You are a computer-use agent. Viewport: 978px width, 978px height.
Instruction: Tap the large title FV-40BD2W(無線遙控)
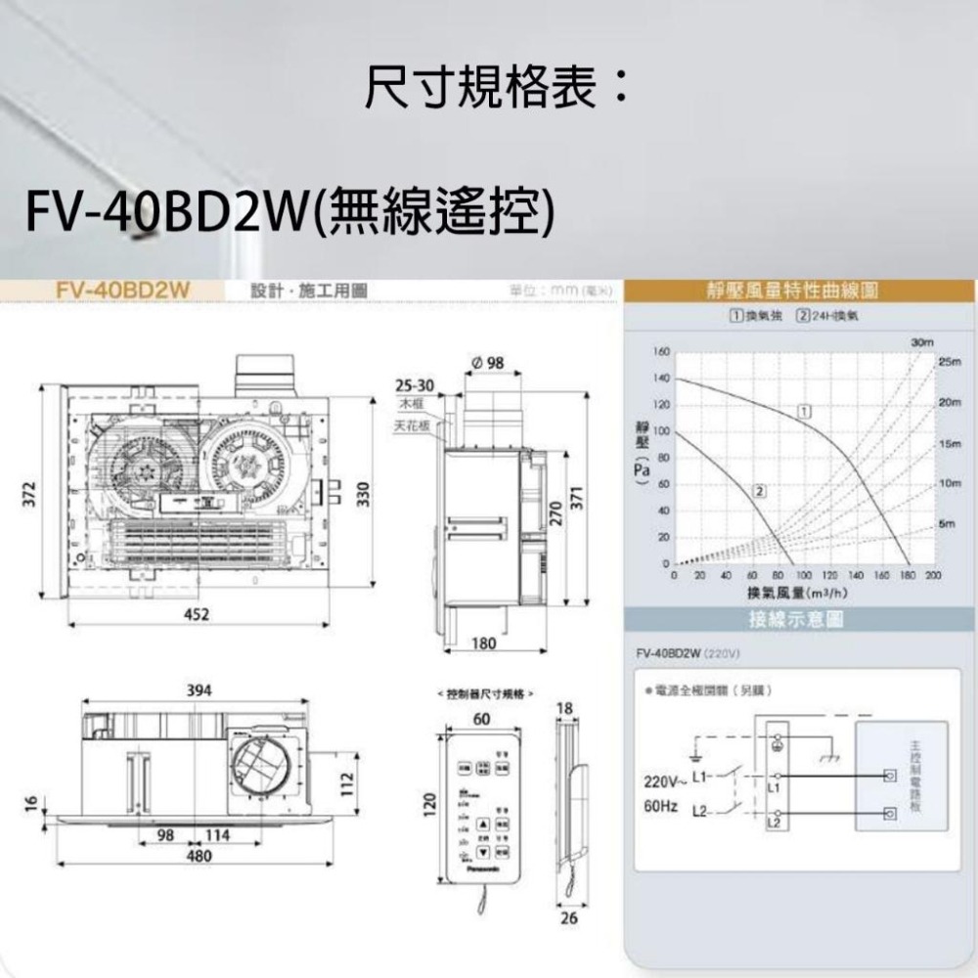291,209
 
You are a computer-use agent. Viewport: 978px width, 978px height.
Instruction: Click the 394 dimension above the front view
199,690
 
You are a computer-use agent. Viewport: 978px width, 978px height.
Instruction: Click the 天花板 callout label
410,427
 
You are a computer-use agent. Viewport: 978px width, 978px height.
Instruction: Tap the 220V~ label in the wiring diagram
661,782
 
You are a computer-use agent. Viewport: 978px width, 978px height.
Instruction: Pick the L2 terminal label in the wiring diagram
773,824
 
